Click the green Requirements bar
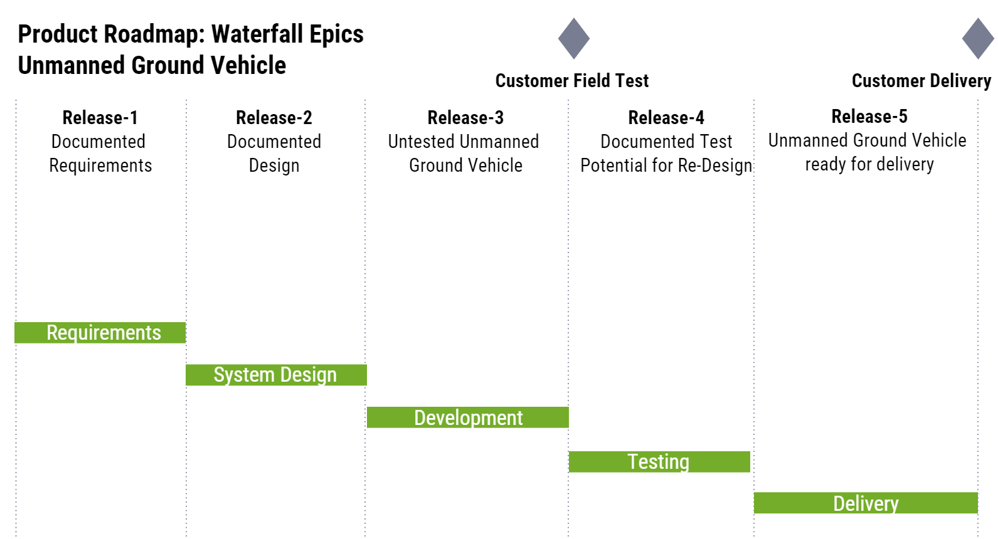click(100, 333)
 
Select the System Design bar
click(276, 375)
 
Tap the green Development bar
click(468, 417)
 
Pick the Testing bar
click(659, 462)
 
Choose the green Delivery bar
click(866, 503)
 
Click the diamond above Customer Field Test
click(574, 39)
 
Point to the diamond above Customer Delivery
click(978, 39)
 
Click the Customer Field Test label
click(572, 81)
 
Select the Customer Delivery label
click(921, 81)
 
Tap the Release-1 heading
click(100, 117)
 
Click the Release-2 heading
click(274, 117)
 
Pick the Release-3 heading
click(465, 117)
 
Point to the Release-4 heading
click(666, 117)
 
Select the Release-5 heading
click(869, 116)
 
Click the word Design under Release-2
click(274, 165)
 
